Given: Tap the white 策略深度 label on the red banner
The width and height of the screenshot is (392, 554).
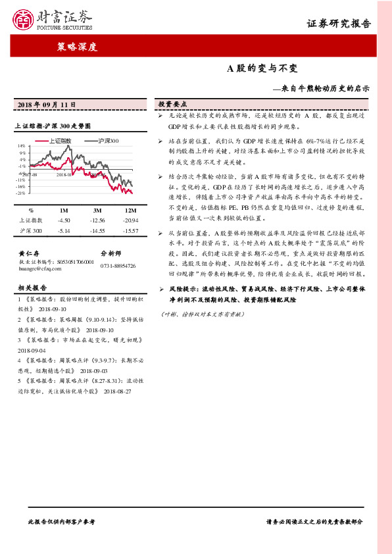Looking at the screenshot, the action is [76, 47].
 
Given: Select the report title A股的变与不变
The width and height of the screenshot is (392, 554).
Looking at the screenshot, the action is [262, 68].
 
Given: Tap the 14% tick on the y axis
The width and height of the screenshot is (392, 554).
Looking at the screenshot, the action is [21, 145].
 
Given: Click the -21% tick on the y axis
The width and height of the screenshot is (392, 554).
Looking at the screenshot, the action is [21, 193].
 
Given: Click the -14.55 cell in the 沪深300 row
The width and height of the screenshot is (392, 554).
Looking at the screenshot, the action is [97, 231].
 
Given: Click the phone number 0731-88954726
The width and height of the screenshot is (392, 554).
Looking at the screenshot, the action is [118, 265].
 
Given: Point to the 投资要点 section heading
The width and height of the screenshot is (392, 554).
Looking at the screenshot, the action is [172, 105].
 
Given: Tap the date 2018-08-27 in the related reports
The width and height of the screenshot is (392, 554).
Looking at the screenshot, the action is [118, 391].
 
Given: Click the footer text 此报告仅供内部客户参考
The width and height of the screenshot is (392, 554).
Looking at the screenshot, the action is [62, 521].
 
